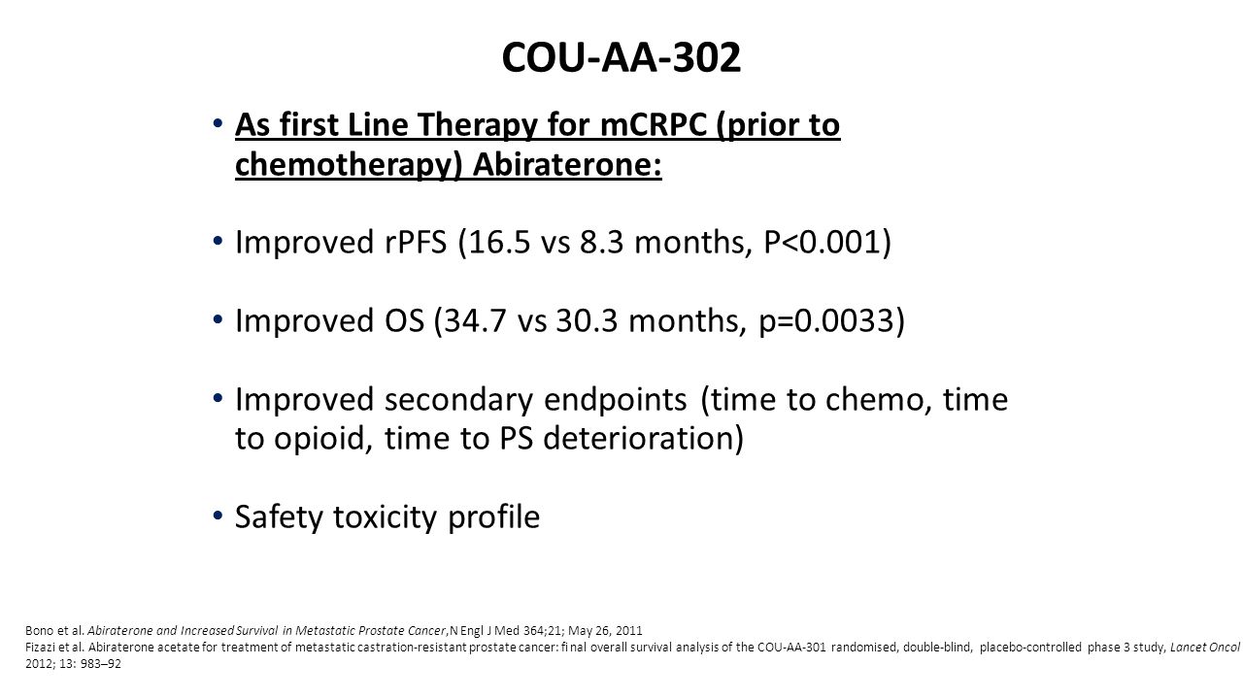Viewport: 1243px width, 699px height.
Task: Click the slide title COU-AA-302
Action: pyautogui.click(x=621, y=57)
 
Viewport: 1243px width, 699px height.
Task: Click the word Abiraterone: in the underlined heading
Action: pyautogui.click(x=567, y=165)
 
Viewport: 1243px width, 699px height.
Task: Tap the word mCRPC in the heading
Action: pyautogui.click(x=654, y=125)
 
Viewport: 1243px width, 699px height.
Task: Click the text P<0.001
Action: pyautogui.click(x=822, y=243)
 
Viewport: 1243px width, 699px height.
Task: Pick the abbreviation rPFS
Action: pyautogui.click(x=416, y=243)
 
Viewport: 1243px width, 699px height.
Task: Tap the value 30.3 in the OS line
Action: pyautogui.click(x=588, y=321)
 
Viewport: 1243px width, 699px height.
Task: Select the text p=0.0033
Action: pyautogui.click(x=825, y=322)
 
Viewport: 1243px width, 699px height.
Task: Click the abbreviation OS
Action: pyautogui.click(x=404, y=321)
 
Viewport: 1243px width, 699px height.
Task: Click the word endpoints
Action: pyautogui.click(x=616, y=401)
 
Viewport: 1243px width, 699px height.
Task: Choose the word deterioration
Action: pyautogui.click(x=637, y=439)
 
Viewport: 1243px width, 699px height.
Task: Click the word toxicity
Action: pyautogui.click(x=386, y=518)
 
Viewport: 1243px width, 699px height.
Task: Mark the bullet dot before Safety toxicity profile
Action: pyautogui.click(x=218, y=516)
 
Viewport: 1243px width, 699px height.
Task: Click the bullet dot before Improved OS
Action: pyautogui.click(x=218, y=319)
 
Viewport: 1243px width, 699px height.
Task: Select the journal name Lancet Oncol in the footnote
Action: pyautogui.click(x=1205, y=647)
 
